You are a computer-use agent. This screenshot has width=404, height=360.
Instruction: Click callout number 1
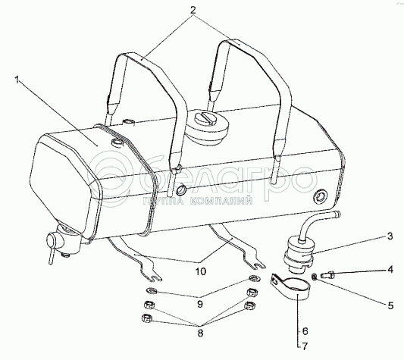[17, 80]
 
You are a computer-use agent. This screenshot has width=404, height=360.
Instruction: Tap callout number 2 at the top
[193, 10]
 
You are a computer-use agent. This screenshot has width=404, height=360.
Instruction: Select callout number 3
[390, 236]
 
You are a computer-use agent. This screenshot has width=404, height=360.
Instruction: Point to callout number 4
[390, 270]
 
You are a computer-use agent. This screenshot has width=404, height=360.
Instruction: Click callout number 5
[390, 305]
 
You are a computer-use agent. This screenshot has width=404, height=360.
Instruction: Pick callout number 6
[305, 331]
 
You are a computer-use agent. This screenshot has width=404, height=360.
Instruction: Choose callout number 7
[305, 346]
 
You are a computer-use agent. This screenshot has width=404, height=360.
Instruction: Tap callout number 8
[200, 333]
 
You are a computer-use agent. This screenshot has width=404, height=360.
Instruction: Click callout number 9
[200, 304]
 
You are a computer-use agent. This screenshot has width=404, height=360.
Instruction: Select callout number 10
[201, 271]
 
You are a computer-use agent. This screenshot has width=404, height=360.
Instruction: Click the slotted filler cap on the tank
[208, 127]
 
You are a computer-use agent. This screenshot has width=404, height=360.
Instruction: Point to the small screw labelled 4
[328, 275]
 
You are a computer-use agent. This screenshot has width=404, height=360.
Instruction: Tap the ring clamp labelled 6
[291, 288]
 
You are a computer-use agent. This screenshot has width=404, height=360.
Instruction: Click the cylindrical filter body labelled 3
[299, 254]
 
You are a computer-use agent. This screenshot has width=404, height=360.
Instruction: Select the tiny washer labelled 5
[314, 277]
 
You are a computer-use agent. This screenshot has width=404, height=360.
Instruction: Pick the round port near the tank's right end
[320, 197]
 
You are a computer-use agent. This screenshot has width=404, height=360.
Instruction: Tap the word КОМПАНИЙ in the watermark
[221, 201]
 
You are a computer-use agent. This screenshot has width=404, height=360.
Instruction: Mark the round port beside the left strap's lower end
[182, 189]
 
